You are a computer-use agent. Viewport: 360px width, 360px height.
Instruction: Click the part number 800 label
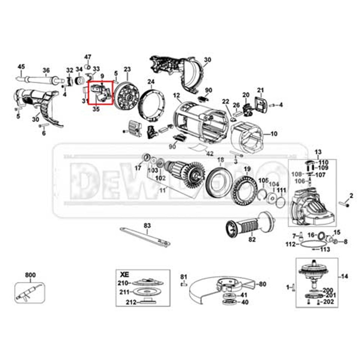pos(30,275)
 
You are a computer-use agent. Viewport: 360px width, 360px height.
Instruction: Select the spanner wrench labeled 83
pos(145,237)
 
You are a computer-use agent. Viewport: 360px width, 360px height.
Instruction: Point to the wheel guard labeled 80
pos(217,291)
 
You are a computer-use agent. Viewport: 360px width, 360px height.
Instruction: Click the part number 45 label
pos(21,67)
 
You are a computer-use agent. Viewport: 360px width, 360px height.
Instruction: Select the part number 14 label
pos(344,277)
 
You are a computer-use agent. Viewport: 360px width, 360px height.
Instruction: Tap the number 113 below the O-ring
pos(325,249)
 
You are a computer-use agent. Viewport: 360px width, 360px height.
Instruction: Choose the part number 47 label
pos(87,57)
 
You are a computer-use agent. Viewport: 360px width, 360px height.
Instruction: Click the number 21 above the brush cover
pos(261,90)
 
